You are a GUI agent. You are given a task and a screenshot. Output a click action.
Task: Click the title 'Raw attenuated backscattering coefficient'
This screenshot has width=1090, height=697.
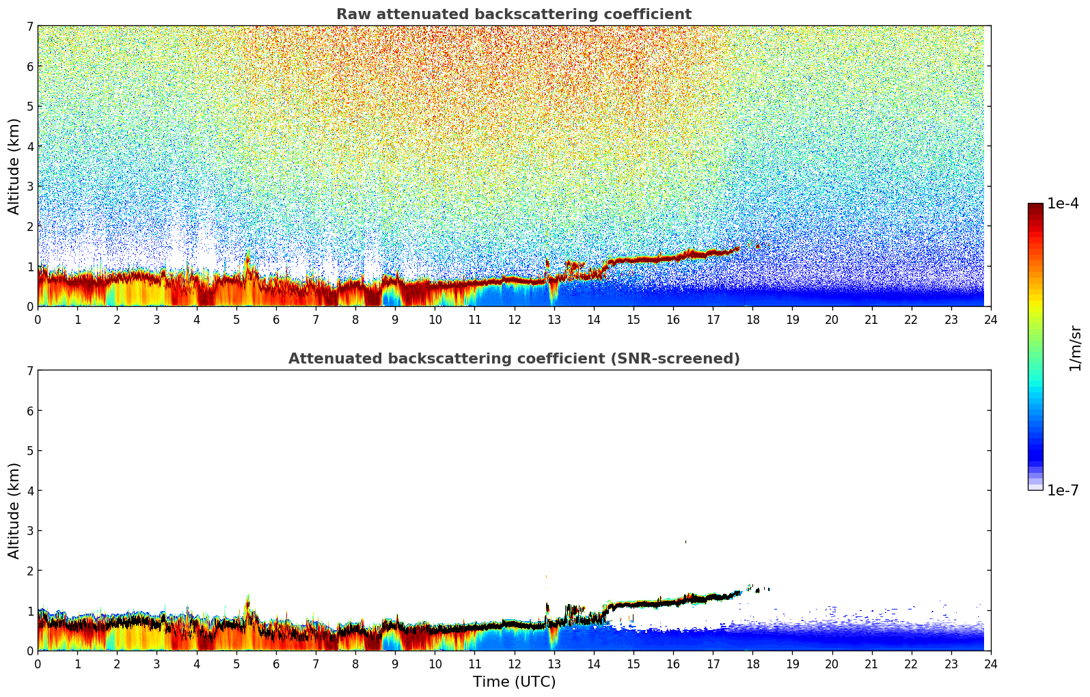(x=513, y=14)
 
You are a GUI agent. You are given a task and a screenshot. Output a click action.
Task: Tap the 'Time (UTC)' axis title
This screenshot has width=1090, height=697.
(x=514, y=682)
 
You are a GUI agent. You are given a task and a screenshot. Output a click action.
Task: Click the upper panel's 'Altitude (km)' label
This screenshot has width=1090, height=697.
(x=14, y=166)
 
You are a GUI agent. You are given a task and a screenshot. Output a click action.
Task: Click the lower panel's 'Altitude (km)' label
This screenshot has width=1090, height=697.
(x=14, y=510)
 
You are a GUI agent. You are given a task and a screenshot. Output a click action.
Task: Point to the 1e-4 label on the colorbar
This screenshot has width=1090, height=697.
(x=1063, y=204)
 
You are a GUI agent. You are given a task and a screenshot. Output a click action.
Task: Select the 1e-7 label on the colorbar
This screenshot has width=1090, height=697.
(x=1063, y=491)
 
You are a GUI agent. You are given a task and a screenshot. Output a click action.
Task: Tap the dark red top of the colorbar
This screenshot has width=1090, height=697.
(x=1035, y=206)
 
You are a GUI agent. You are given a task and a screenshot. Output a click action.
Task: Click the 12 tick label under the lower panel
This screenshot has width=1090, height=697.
(x=514, y=664)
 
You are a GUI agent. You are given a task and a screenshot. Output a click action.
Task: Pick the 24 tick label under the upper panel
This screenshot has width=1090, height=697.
(x=990, y=320)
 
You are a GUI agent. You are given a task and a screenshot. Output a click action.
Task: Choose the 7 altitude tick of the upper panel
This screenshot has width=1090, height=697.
(x=29, y=27)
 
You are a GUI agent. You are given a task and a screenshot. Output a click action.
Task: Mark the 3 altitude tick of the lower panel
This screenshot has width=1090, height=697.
(x=29, y=531)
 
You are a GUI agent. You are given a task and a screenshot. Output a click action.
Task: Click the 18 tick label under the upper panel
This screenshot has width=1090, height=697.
(x=752, y=320)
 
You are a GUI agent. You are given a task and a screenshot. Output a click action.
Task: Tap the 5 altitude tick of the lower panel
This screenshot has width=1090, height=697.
(x=29, y=451)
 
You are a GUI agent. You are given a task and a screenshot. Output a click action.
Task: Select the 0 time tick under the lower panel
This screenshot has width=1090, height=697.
(x=38, y=664)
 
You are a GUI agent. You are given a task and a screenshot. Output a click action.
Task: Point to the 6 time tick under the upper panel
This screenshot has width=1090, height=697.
(x=276, y=320)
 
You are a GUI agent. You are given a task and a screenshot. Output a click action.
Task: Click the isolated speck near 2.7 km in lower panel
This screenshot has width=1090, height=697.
(x=685, y=542)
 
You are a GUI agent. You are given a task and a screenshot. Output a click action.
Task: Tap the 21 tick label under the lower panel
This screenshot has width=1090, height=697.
(x=871, y=664)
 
